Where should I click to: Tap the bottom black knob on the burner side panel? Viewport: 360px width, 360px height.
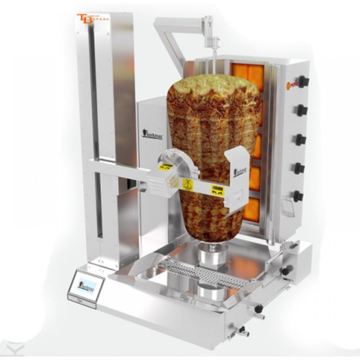[x=298, y=196]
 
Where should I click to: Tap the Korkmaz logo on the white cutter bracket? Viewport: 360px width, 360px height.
[x=240, y=171]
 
